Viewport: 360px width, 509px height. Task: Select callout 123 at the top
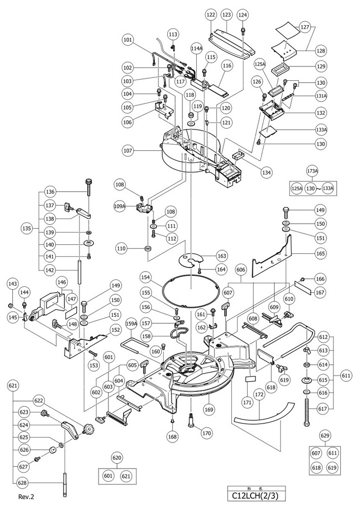[x=227, y=15]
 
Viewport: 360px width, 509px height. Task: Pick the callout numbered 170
[x=206, y=434]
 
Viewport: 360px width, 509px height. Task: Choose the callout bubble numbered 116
[x=227, y=66]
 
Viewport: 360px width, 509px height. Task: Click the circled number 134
[x=267, y=172]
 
